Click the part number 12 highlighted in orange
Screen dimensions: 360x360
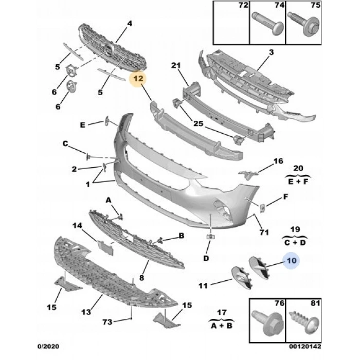pos(138,79)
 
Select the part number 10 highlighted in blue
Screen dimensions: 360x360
pos(292,261)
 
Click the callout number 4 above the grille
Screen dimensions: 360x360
pos(129,23)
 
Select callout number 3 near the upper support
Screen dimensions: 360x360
pos(271,52)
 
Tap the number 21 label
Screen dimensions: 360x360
pos(176,65)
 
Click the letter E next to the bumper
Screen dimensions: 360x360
pos(83,124)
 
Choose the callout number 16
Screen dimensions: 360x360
pos(278,161)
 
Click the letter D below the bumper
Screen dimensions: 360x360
pos(206,258)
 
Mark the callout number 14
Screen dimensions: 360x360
pos(77,225)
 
